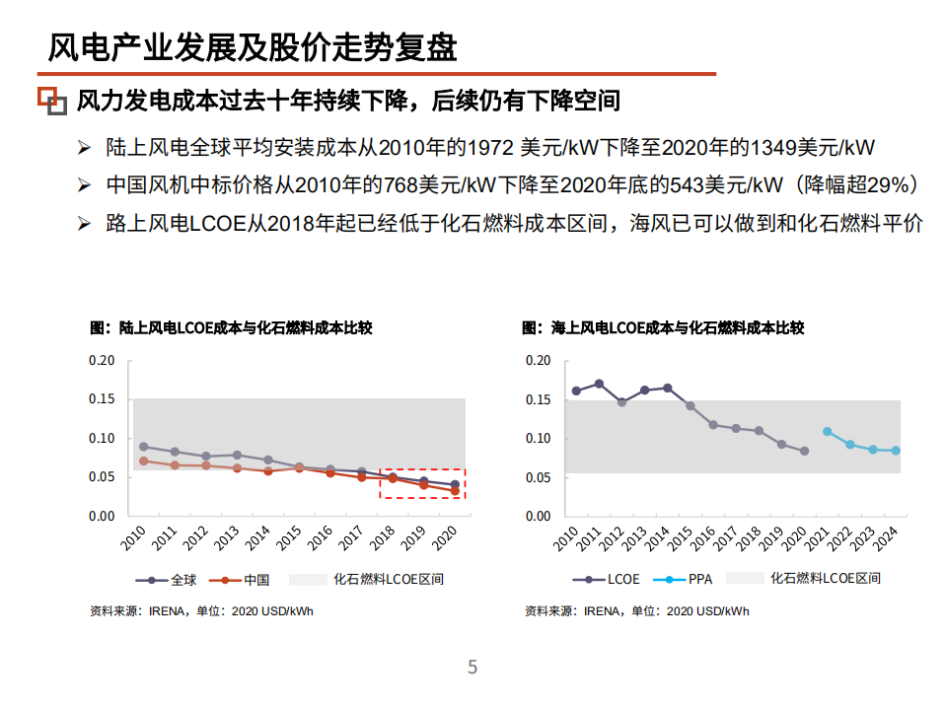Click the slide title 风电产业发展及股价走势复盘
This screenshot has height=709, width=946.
pos(253,46)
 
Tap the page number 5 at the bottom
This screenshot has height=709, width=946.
pos(472,668)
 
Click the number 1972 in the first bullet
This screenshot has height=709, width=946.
pos(490,148)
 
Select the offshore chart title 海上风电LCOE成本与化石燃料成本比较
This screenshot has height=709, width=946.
pos(663,327)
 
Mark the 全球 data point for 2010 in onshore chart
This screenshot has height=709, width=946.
pos(143,447)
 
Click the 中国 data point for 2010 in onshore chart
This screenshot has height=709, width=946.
pos(143,461)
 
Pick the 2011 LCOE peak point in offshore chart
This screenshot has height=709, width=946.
pos(599,384)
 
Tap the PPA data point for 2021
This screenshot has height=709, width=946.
pos(827,431)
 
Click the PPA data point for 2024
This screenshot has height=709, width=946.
pos(896,451)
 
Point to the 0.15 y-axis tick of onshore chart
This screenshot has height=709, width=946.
pos(103,399)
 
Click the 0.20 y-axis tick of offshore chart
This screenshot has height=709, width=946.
pos(538,361)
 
